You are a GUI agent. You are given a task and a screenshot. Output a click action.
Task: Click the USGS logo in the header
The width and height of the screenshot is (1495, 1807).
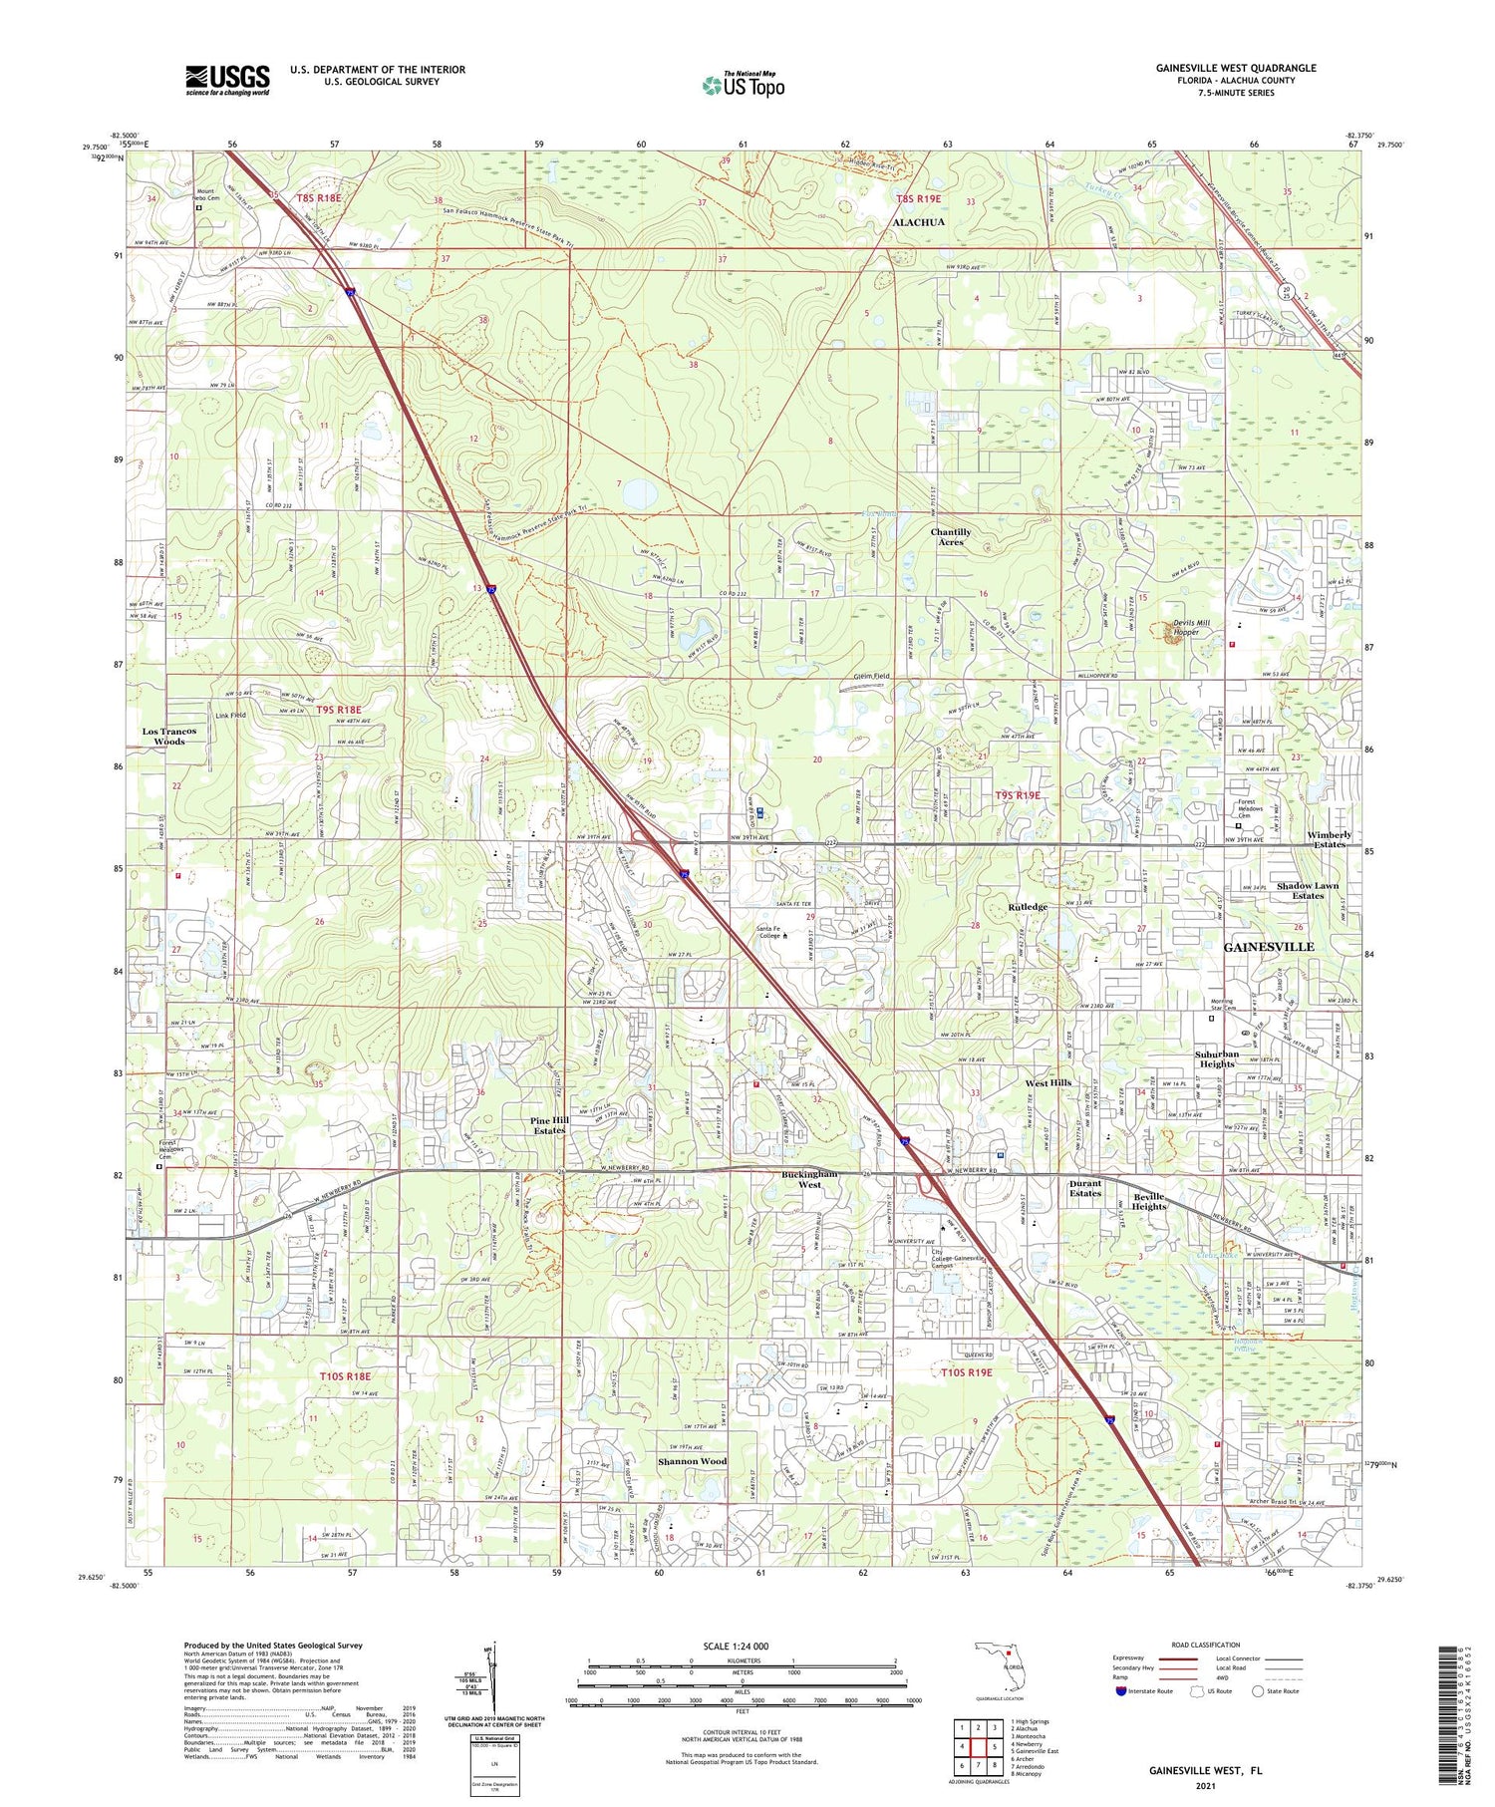click(227, 80)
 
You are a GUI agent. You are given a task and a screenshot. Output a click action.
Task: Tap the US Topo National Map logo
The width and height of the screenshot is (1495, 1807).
click(744, 85)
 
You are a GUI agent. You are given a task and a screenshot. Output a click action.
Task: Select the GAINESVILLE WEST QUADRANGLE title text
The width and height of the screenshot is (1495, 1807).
click(1235, 68)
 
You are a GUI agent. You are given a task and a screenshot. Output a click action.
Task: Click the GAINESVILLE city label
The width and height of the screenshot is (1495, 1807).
click(1268, 946)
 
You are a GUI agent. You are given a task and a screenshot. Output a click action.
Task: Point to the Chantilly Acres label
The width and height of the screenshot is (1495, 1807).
click(950, 537)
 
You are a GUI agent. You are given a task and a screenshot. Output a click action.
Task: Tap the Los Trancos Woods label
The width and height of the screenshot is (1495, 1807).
click(168, 736)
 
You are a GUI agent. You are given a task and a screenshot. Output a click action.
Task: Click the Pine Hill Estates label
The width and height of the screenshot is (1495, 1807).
click(548, 1125)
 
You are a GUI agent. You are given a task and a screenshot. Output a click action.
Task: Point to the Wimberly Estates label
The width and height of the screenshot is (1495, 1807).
click(1329, 839)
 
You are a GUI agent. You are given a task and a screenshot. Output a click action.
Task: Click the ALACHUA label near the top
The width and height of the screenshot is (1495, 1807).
click(918, 222)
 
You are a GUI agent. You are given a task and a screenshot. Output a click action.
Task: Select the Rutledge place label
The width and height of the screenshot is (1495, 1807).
click(1028, 907)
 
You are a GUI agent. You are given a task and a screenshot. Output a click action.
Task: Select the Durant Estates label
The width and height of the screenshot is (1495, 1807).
click(1084, 1188)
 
